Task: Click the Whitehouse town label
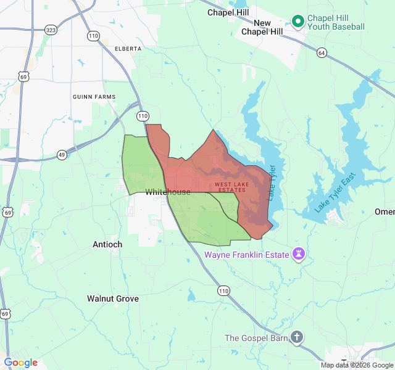click(x=168, y=192)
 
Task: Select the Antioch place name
click(x=107, y=244)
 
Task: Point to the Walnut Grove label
click(x=112, y=298)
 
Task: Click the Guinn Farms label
click(x=94, y=97)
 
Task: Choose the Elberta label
click(x=128, y=48)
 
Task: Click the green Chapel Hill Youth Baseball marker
click(x=297, y=22)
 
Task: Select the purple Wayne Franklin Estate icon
click(x=300, y=254)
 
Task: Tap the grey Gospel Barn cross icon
click(x=297, y=337)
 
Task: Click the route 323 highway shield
click(x=51, y=30)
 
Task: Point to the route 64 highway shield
click(x=322, y=53)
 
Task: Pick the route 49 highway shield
click(x=62, y=155)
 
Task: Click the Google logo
click(x=21, y=363)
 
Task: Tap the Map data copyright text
click(x=357, y=365)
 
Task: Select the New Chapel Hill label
click(x=262, y=27)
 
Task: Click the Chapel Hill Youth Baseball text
click(x=336, y=22)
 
